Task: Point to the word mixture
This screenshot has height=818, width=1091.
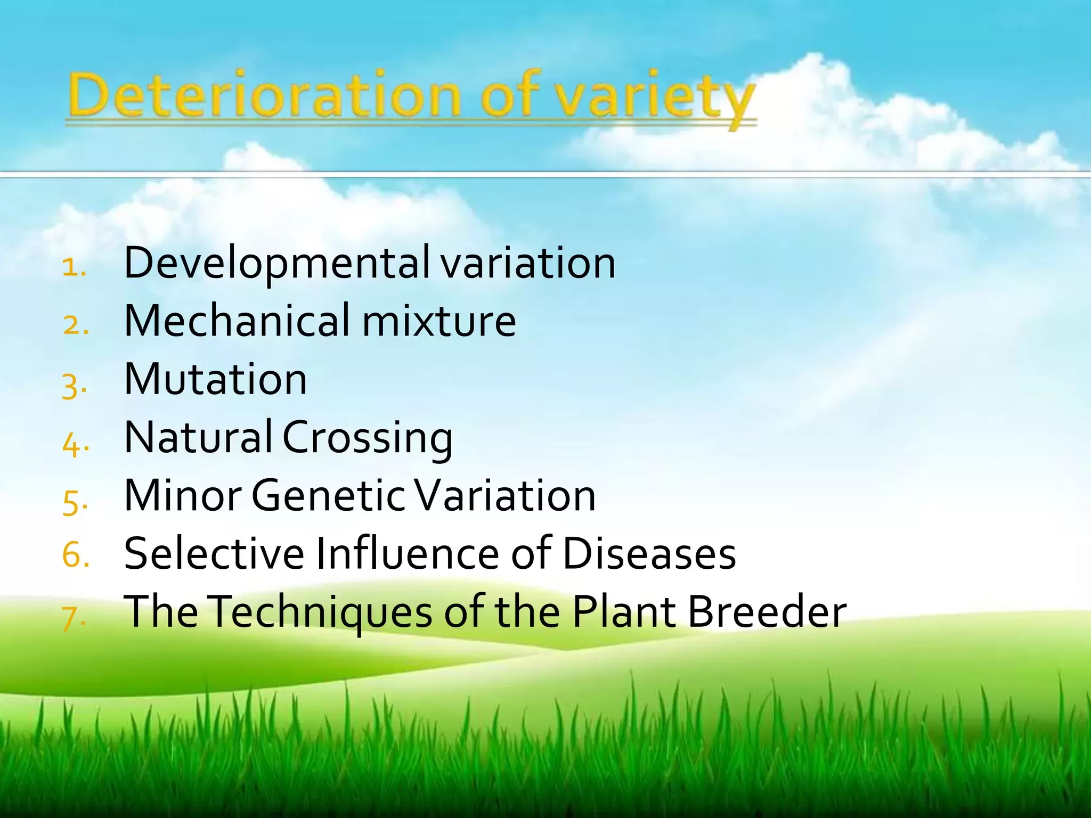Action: click(439, 321)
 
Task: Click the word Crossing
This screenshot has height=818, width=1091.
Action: click(368, 439)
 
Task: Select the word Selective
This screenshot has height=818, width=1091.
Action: click(214, 553)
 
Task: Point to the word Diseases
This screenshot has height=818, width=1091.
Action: click(649, 553)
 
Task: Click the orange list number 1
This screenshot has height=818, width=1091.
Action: click(74, 267)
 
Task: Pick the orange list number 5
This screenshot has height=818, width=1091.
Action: click(75, 502)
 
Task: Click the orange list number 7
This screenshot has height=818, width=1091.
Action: click(74, 619)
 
